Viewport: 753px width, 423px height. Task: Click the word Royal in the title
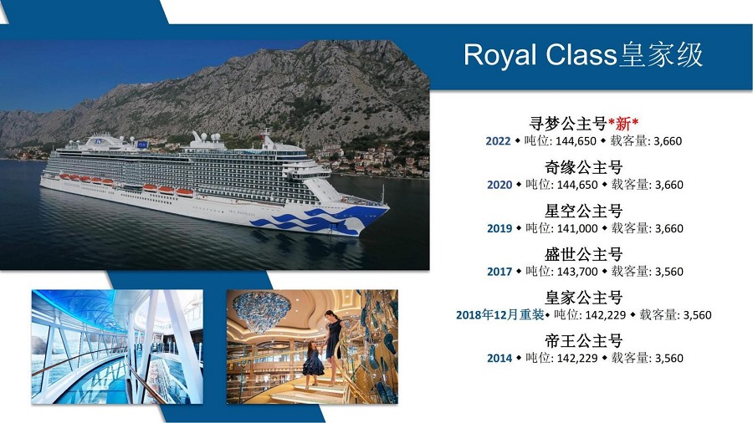[x=500, y=55]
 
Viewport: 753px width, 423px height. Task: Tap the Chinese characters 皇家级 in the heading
[x=661, y=54]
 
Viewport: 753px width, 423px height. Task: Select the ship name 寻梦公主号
[x=568, y=123]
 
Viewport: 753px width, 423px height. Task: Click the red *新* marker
[x=623, y=124]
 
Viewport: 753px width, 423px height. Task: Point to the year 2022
[x=498, y=141]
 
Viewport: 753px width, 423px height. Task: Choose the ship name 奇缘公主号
[x=583, y=167]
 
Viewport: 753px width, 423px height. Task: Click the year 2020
[x=499, y=185]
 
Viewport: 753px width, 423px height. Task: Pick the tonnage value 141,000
[x=577, y=228]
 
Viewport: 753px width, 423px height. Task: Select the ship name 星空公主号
[x=583, y=211]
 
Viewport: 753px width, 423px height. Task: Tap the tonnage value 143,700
[x=577, y=272]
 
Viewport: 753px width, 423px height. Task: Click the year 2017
[x=499, y=272]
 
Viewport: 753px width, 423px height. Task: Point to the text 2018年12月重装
[x=500, y=314]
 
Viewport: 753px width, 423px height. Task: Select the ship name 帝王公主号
[x=583, y=340]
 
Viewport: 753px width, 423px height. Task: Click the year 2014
[x=499, y=359]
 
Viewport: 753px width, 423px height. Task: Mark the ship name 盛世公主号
[x=583, y=253]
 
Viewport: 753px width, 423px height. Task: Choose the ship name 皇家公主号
[x=583, y=298]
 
